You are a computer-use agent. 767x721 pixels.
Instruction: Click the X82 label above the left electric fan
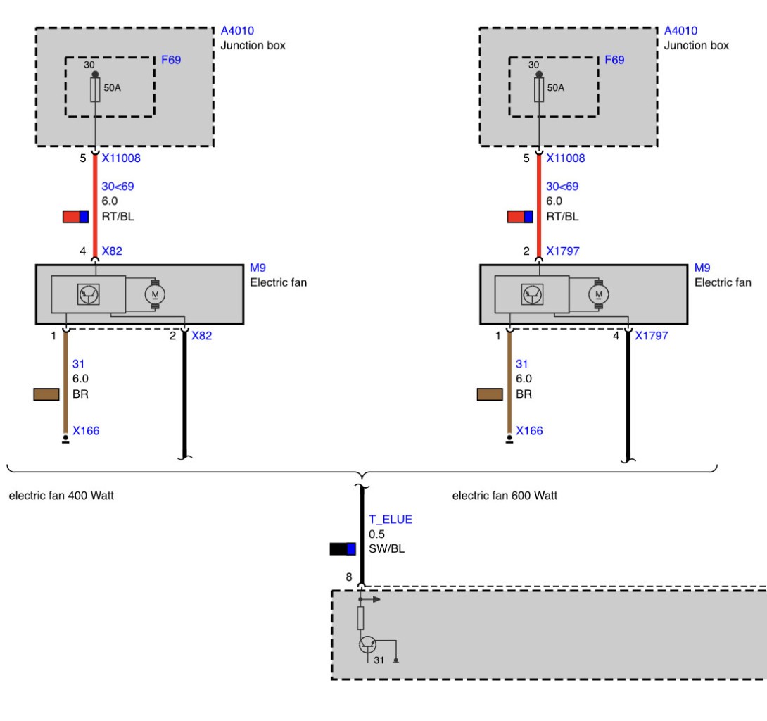[112, 251]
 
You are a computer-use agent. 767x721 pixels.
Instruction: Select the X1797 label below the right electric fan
[652, 336]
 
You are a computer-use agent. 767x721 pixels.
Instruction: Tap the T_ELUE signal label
[391, 520]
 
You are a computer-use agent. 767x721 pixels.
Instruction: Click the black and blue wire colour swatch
[343, 548]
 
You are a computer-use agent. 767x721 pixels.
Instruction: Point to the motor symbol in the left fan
[155, 294]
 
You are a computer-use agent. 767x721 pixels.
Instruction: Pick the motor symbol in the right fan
[599, 294]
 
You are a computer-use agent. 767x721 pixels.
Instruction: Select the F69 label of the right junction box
[614, 60]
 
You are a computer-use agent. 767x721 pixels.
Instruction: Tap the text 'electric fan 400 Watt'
[61, 496]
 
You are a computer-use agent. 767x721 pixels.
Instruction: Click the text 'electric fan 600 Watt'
[505, 496]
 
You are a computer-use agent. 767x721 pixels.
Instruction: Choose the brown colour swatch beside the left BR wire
[46, 394]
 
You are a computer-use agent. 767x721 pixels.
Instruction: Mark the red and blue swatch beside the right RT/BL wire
[520, 217]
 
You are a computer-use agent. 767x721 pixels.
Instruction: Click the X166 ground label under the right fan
[529, 431]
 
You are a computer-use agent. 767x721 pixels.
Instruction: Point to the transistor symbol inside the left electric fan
[89, 294]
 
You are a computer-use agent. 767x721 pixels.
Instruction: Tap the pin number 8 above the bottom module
[349, 577]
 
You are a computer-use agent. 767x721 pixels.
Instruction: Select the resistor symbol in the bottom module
[360, 618]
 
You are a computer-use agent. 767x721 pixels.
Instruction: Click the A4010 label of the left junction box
[237, 31]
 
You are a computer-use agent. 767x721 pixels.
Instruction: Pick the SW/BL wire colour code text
[386, 548]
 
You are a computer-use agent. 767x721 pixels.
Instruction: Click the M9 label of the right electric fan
[702, 268]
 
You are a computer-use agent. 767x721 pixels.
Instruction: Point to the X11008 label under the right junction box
[566, 158]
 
